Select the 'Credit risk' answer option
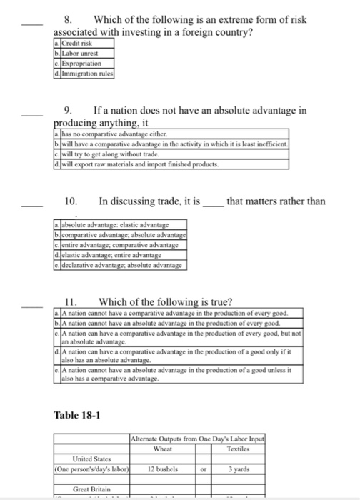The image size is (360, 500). pyautogui.click(x=78, y=45)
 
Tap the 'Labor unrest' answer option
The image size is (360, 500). pyautogui.click(x=81, y=54)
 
